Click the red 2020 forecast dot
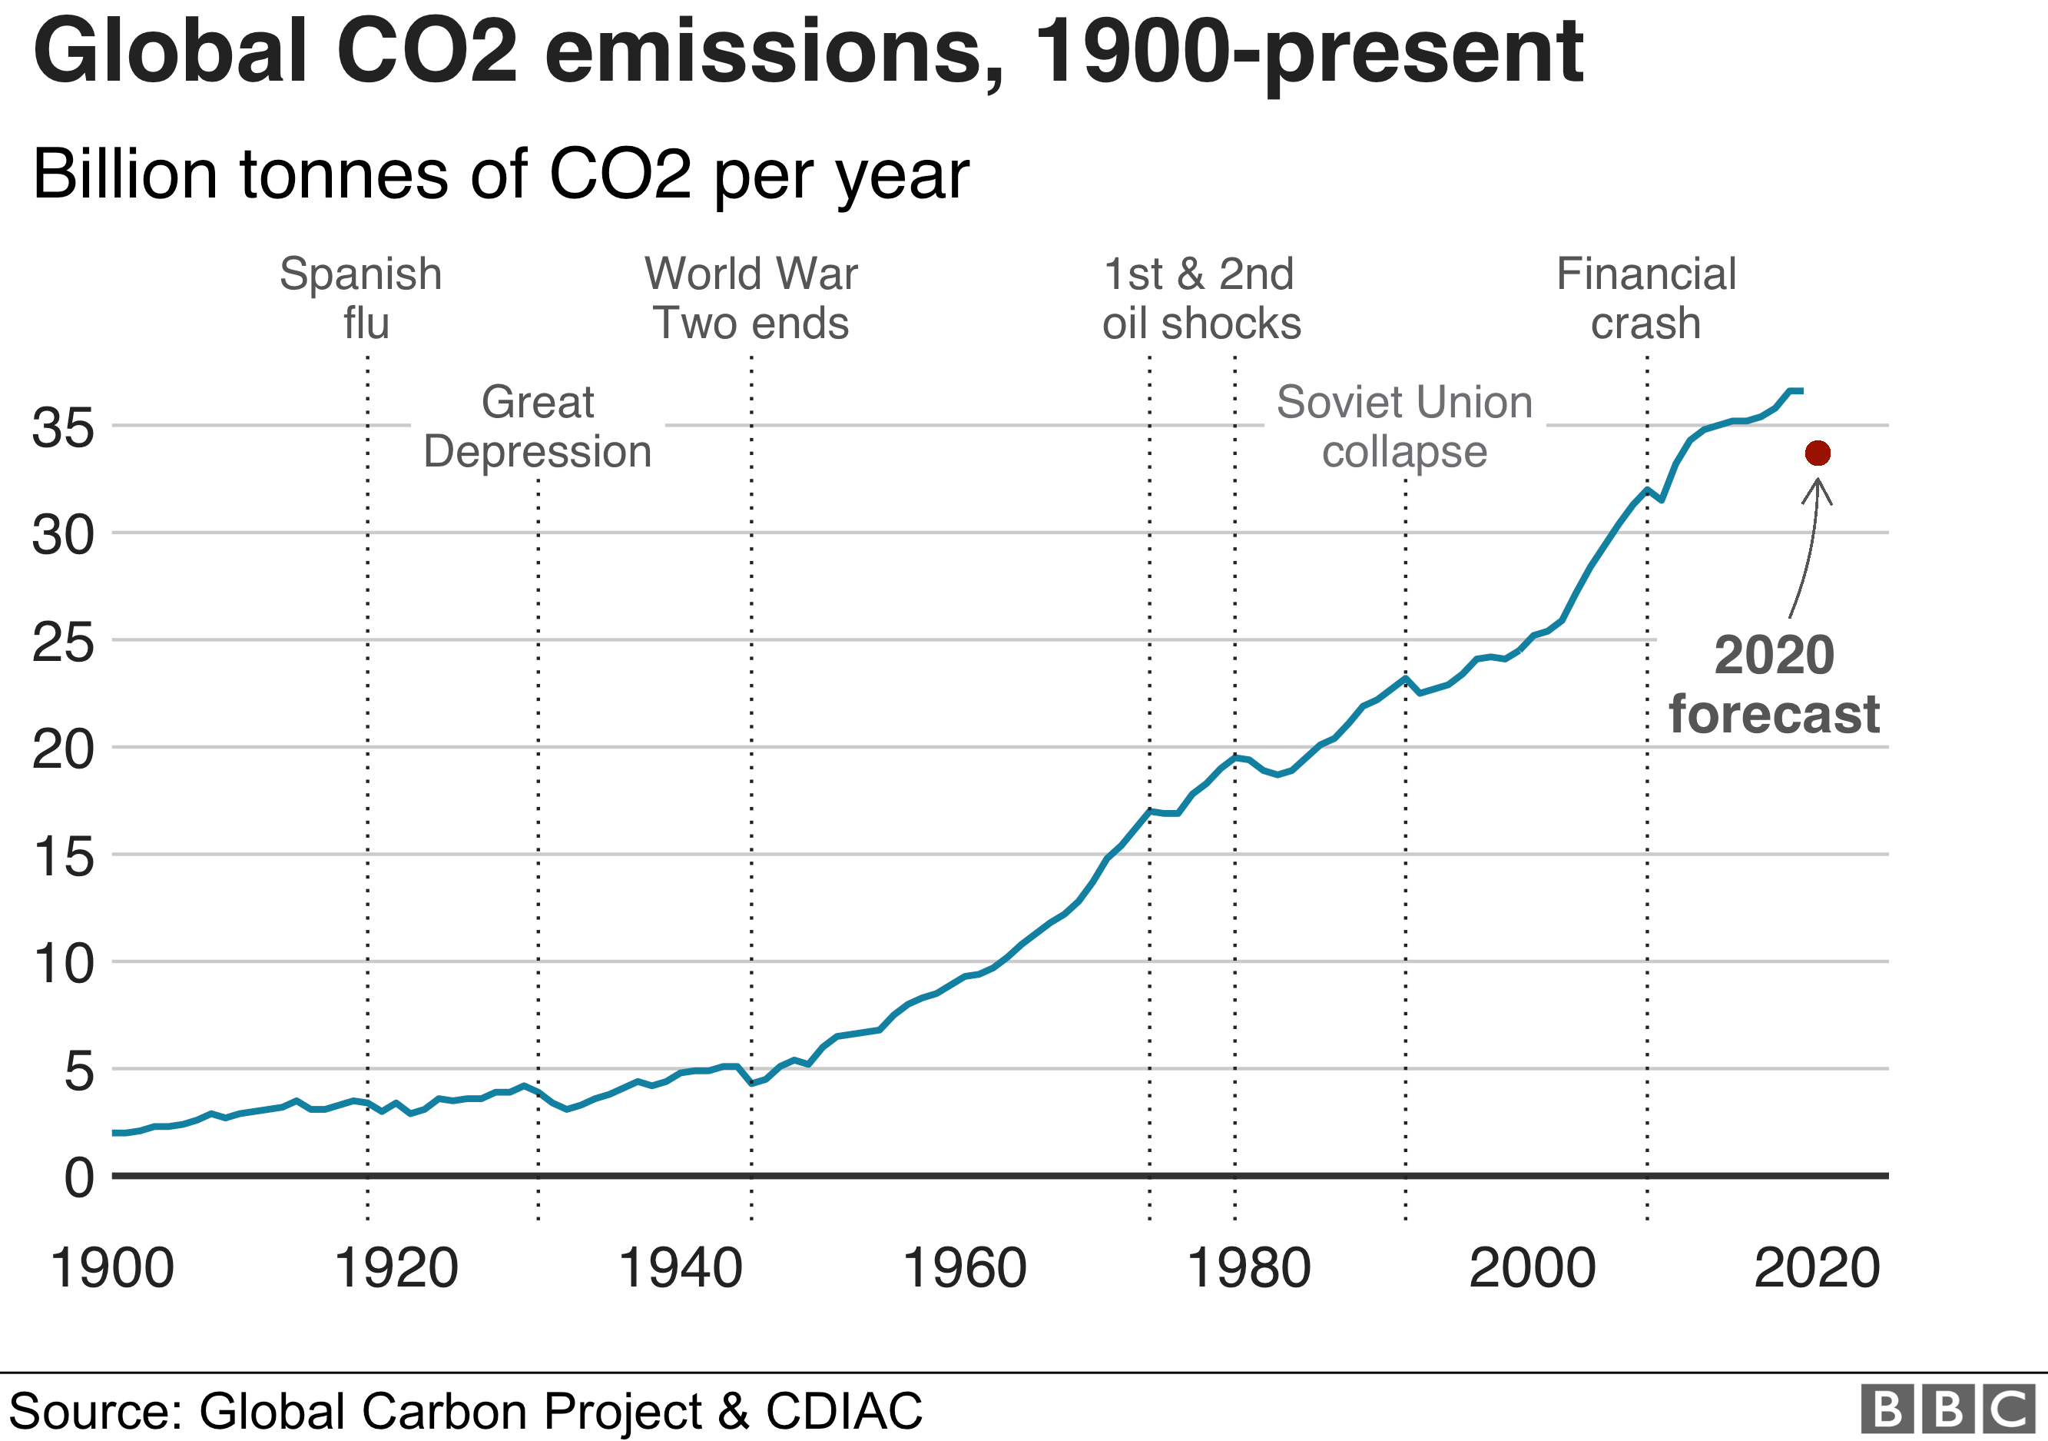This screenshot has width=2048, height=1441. pyautogui.click(x=1817, y=453)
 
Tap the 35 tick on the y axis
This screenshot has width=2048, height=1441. pyautogui.click(x=62, y=427)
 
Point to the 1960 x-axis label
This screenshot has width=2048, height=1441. pyautogui.click(x=964, y=1268)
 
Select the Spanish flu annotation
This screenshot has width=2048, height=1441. pyautogui.click(x=361, y=298)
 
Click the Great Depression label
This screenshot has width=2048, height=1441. pyautogui.click(x=537, y=427)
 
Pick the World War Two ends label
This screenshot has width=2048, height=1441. pyautogui.click(x=751, y=298)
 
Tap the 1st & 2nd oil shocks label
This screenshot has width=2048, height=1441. pyautogui.click(x=1201, y=298)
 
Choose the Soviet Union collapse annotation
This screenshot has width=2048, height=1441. pyautogui.click(x=1404, y=427)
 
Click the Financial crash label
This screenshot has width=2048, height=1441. pyautogui.click(x=1645, y=298)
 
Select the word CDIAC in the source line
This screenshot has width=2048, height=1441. pyautogui.click(x=843, y=1411)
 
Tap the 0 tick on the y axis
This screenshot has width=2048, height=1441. pyautogui.click(x=78, y=1178)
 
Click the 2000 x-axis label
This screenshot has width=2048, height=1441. pyautogui.click(x=1532, y=1268)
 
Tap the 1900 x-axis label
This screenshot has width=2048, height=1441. pyautogui.click(x=112, y=1268)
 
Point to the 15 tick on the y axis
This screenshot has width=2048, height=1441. pyautogui.click(x=62, y=857)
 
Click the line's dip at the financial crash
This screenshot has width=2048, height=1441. pyautogui.click(x=1661, y=500)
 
